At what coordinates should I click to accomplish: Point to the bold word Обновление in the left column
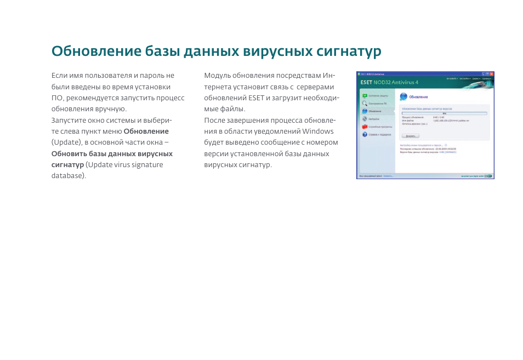pos(146,131)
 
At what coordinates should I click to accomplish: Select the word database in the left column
pos(67,175)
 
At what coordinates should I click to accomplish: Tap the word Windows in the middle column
pos(317,131)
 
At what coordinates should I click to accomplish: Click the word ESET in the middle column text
pos(255,98)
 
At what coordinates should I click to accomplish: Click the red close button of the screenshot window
pos(492,73)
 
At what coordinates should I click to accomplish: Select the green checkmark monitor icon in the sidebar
pos(364,95)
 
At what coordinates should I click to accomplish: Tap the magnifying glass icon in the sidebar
pos(364,103)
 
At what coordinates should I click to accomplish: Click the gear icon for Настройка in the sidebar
pos(364,119)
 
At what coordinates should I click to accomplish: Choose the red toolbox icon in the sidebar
pos(364,127)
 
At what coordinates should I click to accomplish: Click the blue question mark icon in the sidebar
pos(364,134)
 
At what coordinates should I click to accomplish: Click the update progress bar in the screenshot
pos(444,113)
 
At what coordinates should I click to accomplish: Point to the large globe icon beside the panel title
pos(403,96)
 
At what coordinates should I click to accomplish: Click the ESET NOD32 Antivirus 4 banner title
pos(389,82)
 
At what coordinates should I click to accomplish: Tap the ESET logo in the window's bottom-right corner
pos(488,176)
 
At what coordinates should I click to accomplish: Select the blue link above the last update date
pos(421,145)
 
